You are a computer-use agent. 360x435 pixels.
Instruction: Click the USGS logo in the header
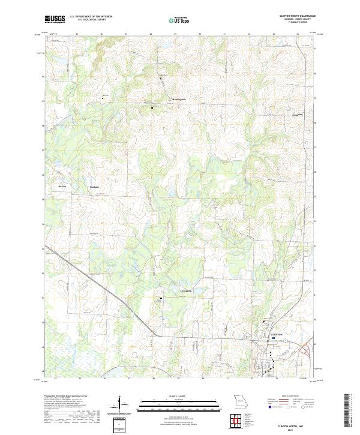click(x=55, y=19)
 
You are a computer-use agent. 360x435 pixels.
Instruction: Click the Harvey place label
click(x=62, y=187)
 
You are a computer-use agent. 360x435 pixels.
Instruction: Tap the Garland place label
click(x=93, y=187)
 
